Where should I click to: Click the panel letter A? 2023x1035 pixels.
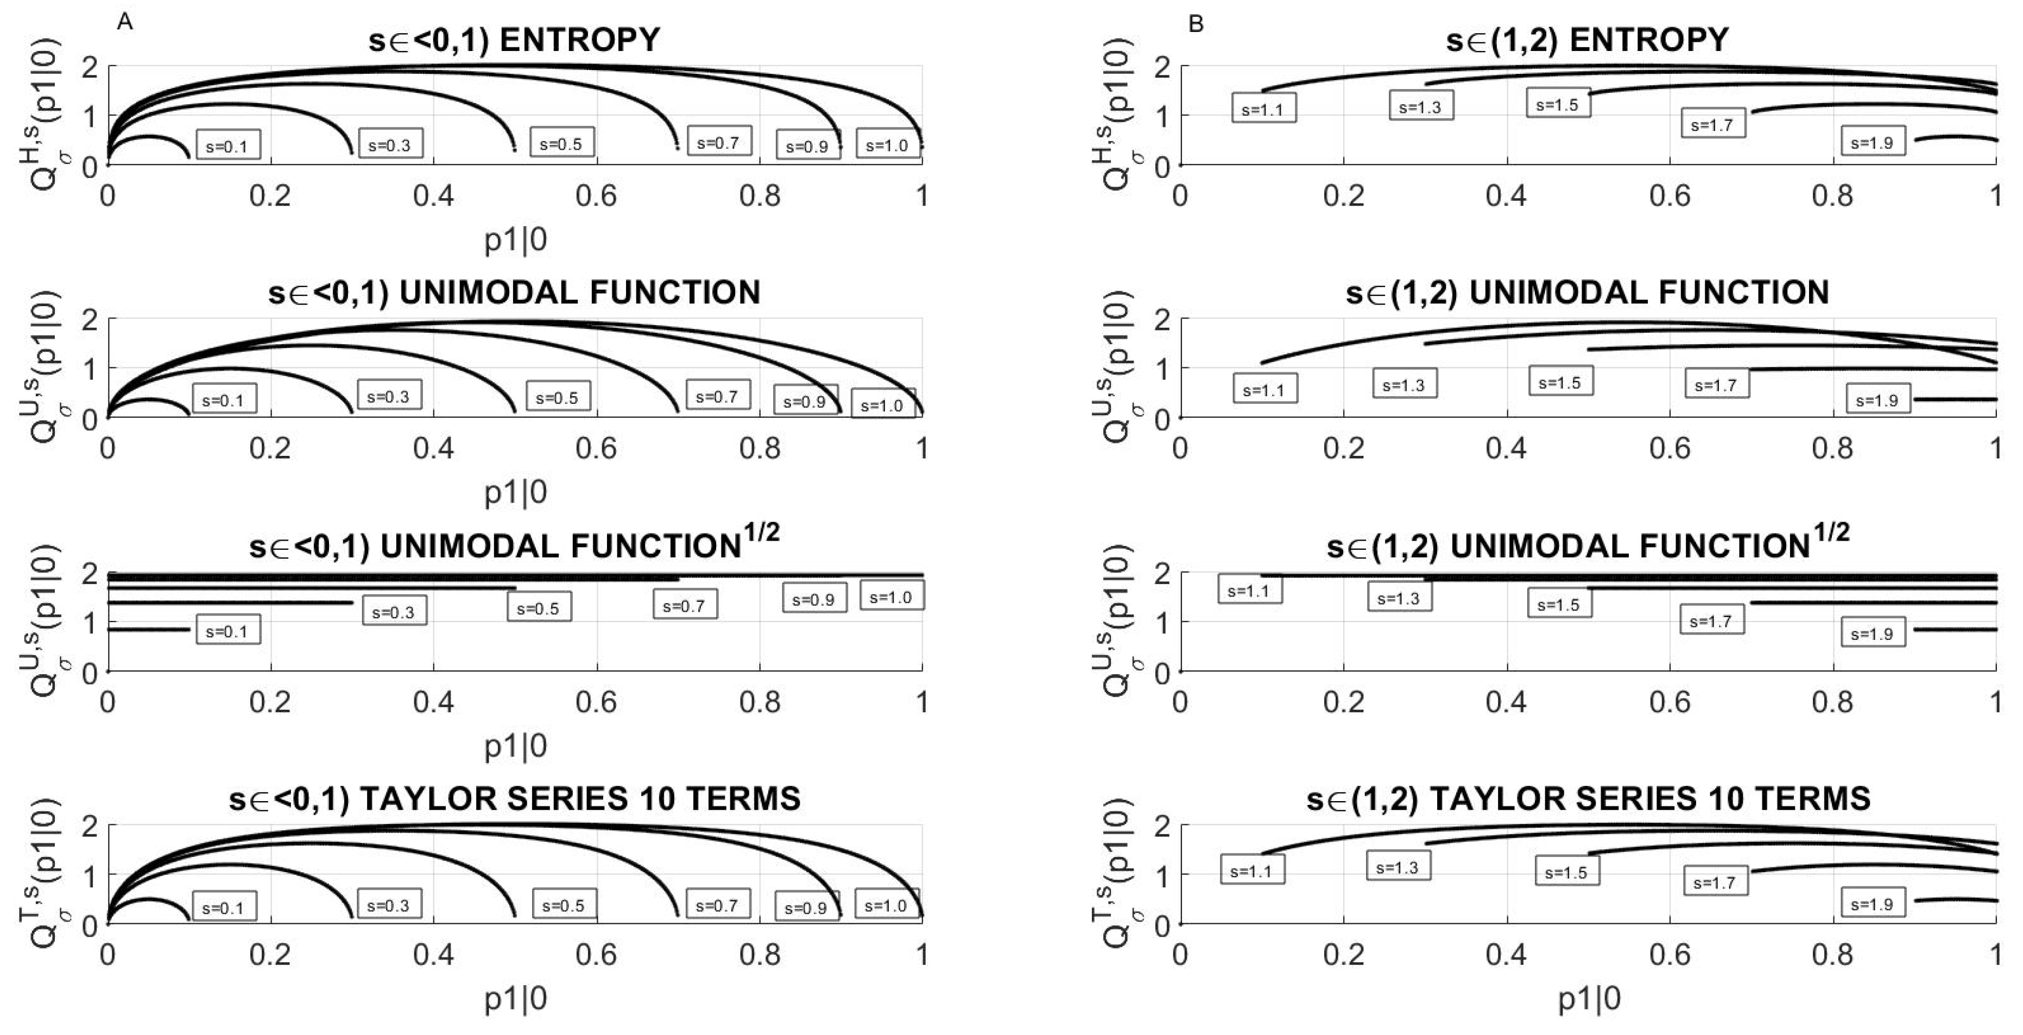coord(125,22)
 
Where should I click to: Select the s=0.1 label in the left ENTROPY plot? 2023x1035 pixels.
coord(227,145)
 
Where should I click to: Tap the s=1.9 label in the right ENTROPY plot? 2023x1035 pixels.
coord(1872,143)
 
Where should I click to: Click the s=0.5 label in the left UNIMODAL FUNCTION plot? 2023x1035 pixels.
coord(557,397)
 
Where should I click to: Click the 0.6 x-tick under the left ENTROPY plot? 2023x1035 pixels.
coord(596,195)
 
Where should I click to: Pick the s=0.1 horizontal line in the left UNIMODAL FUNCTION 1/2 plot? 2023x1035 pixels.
coord(149,629)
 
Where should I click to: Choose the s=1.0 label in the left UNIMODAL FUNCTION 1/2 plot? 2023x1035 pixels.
coord(892,597)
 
